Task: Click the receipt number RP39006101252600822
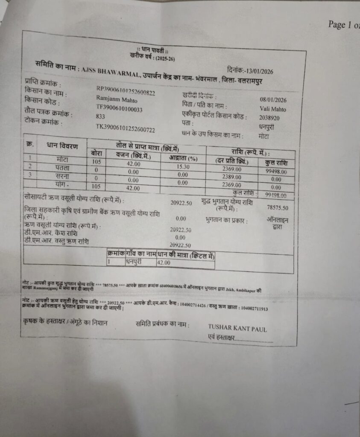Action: (x=126, y=91)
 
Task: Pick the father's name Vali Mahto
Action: (x=272, y=109)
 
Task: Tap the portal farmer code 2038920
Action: (x=269, y=117)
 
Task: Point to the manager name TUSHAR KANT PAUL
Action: (x=237, y=329)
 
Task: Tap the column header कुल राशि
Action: (x=276, y=163)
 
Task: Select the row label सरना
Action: (x=61, y=175)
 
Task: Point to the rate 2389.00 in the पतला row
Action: (x=231, y=177)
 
